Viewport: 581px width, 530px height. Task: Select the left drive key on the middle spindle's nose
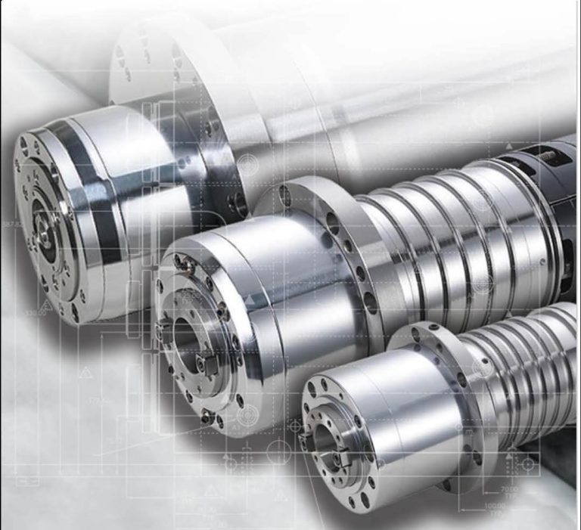(x=163, y=327)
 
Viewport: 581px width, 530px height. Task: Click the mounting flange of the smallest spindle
(x=446, y=401)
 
